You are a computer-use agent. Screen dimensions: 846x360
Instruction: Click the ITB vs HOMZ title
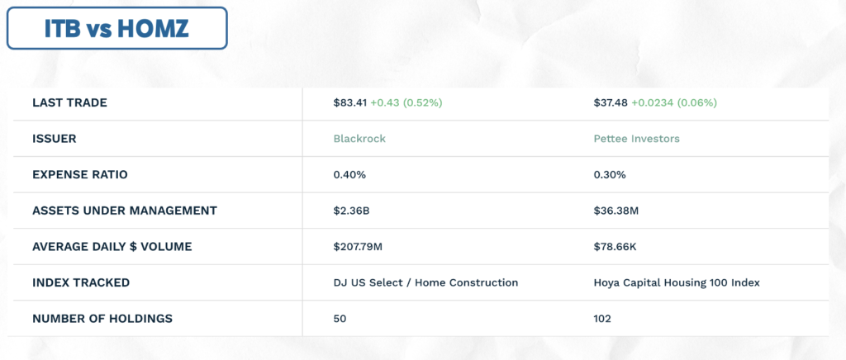[x=116, y=29]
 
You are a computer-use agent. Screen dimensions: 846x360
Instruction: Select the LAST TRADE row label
[x=69, y=103]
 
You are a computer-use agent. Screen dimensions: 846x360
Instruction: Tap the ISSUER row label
[x=54, y=139]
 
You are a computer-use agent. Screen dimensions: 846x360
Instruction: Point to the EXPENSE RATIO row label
[x=80, y=175]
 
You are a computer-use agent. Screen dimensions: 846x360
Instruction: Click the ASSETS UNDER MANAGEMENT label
[x=125, y=211]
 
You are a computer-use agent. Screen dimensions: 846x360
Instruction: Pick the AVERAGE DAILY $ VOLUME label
[x=112, y=247]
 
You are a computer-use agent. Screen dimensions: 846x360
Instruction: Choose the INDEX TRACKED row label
[x=81, y=283]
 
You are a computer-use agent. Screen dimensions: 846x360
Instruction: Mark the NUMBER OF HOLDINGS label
[x=102, y=319]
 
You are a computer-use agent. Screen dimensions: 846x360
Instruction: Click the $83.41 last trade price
[x=349, y=103]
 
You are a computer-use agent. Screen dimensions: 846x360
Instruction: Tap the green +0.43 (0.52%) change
[x=406, y=103]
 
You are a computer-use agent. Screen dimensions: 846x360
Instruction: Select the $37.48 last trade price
[x=611, y=103]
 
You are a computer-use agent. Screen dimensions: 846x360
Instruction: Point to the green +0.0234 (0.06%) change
[x=674, y=103]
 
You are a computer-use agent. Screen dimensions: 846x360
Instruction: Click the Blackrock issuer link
[x=359, y=139]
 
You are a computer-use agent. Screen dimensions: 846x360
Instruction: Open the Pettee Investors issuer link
[x=637, y=139]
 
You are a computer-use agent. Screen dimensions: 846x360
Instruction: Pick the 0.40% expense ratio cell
[x=349, y=175]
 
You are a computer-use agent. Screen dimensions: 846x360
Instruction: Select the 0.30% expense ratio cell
[x=610, y=175]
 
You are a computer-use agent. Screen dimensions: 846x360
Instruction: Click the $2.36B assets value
[x=351, y=211]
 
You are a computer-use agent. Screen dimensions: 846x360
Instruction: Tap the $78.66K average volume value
[x=615, y=247]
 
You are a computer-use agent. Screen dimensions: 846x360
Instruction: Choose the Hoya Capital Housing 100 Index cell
[x=677, y=283]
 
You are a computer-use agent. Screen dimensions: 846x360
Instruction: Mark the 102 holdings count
[x=602, y=319]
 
